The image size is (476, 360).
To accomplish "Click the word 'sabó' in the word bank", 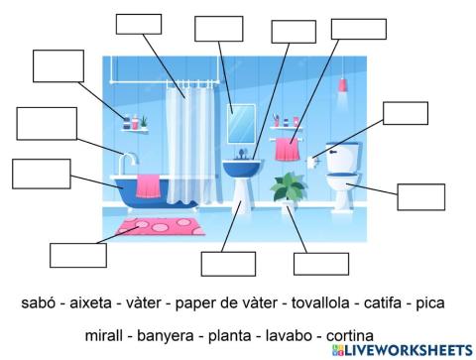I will tap(35, 300).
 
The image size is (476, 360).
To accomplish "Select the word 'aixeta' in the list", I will tap(95, 300).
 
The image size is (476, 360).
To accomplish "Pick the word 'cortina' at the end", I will tap(344, 334).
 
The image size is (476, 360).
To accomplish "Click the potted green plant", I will tap(290, 187).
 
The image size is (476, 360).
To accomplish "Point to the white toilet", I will tap(341, 188).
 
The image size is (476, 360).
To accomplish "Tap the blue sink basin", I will tap(240, 169).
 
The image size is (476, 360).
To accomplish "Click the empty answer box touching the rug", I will tap(77, 255).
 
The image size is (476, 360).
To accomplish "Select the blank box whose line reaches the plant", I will tap(321, 264).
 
